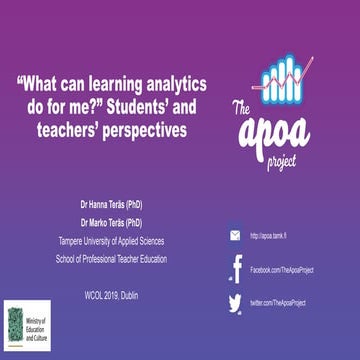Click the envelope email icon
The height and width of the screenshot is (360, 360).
click(235, 236)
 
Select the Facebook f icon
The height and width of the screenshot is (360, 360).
click(237, 268)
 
